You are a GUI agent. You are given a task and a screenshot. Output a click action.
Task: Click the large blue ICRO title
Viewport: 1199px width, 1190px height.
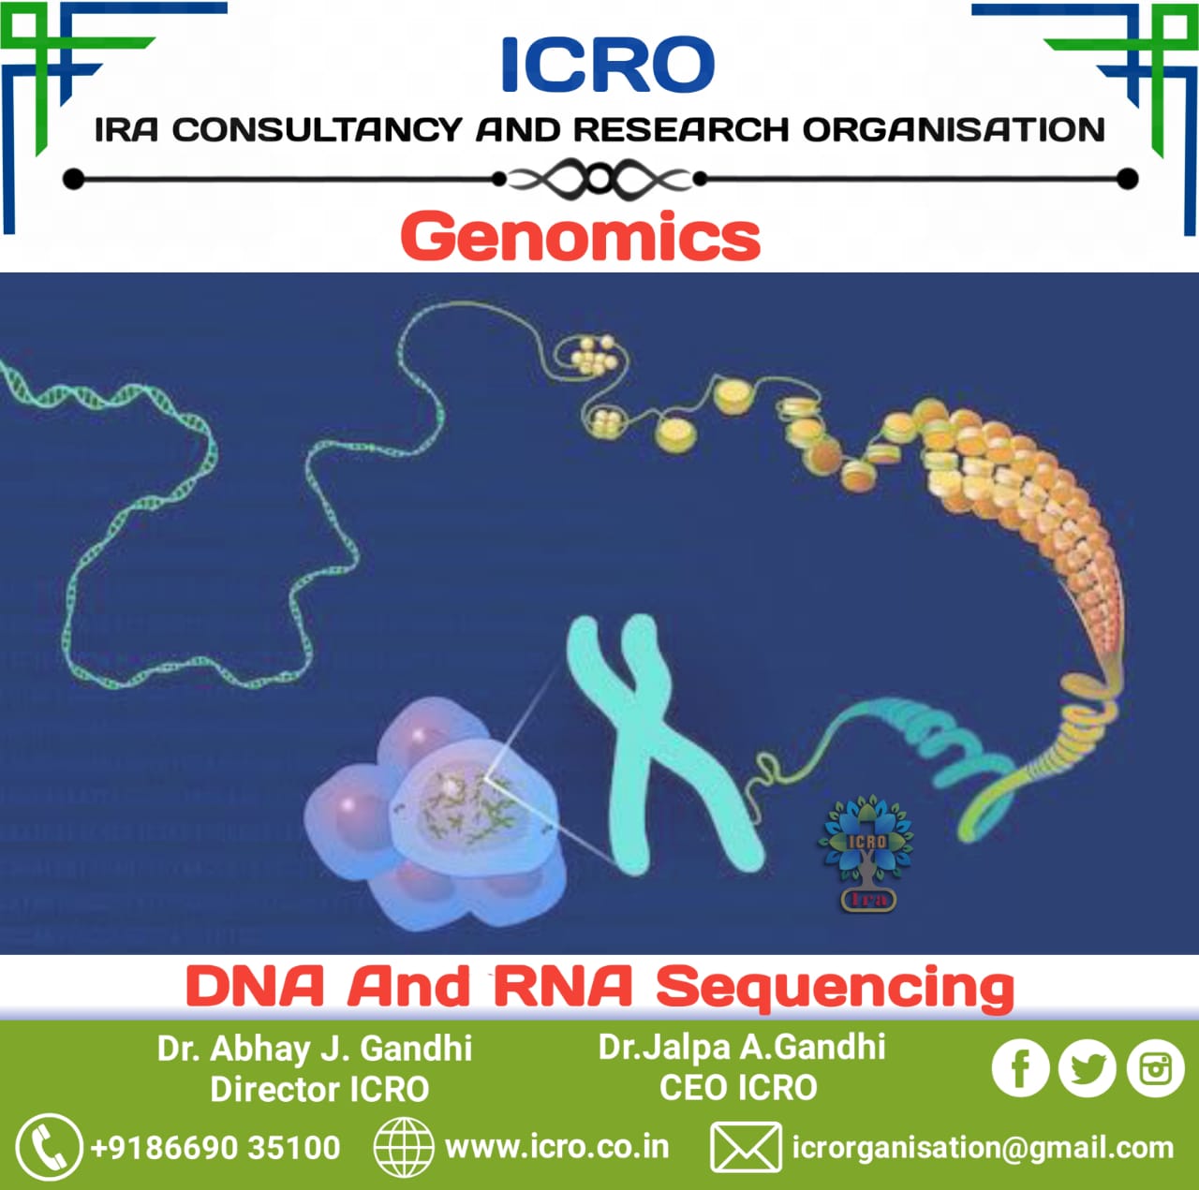point(607,65)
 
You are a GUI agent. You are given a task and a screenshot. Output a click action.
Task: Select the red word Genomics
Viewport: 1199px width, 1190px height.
point(581,237)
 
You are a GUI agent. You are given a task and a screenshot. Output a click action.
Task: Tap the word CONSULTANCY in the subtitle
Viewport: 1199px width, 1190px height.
point(318,130)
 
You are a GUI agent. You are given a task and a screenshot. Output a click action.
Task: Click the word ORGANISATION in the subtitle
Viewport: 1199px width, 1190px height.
point(954,130)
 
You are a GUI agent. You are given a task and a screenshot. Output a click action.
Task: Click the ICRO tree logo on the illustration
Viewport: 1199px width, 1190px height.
point(866,854)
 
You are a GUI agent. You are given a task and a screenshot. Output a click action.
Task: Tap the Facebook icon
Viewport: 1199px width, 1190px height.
point(1020,1068)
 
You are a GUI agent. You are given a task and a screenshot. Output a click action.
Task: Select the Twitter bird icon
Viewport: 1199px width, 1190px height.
point(1087,1068)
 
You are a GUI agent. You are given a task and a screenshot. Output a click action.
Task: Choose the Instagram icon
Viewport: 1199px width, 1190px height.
point(1155,1068)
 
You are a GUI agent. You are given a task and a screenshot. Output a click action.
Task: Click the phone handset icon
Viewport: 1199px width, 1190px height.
point(49,1148)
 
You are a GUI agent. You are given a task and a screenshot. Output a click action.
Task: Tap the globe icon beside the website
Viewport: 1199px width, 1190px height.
point(404,1148)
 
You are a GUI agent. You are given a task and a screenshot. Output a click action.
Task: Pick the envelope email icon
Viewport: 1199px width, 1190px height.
point(746,1148)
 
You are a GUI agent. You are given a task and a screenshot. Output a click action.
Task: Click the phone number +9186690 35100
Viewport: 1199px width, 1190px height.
point(215,1148)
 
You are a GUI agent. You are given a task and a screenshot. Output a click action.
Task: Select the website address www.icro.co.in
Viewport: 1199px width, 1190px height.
point(557,1148)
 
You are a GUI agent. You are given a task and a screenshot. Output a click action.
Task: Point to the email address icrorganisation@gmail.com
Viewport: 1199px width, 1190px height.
point(984,1149)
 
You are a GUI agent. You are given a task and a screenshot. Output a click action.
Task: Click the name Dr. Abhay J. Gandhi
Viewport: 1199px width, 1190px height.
point(314,1049)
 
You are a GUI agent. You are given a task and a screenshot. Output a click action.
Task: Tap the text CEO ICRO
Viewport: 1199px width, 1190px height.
point(738,1088)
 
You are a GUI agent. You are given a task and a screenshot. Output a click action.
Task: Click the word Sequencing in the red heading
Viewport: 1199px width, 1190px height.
point(836,989)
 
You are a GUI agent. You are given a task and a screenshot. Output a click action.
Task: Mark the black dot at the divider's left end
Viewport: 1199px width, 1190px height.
point(73,179)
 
